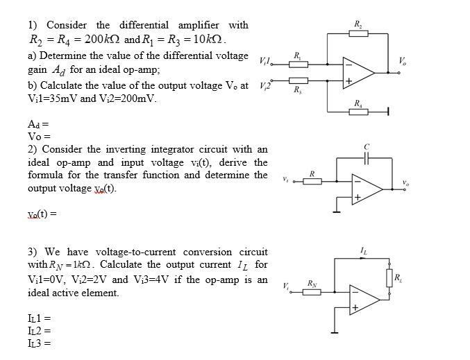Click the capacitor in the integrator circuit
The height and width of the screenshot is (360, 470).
[367, 158]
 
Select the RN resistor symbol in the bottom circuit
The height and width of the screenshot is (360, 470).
[312, 291]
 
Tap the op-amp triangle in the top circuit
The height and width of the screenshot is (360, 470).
[360, 72]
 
